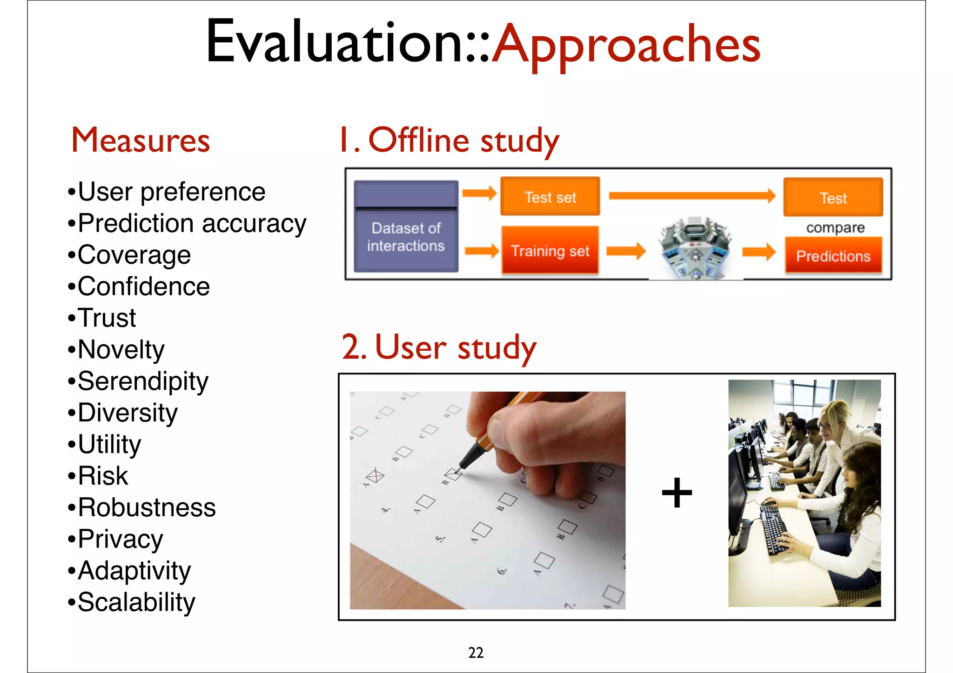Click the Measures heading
(141, 140)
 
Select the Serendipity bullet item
(143, 382)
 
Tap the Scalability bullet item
(136, 603)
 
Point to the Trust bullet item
(107, 319)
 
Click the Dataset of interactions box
(406, 227)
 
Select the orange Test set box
(550, 196)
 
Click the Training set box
(550, 250)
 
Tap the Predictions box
(833, 255)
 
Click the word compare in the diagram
(835, 228)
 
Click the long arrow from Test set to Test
(691, 196)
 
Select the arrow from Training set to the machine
(626, 251)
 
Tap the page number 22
(476, 653)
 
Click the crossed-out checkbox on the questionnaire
(375, 476)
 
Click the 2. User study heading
(439, 347)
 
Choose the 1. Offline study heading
(449, 140)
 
